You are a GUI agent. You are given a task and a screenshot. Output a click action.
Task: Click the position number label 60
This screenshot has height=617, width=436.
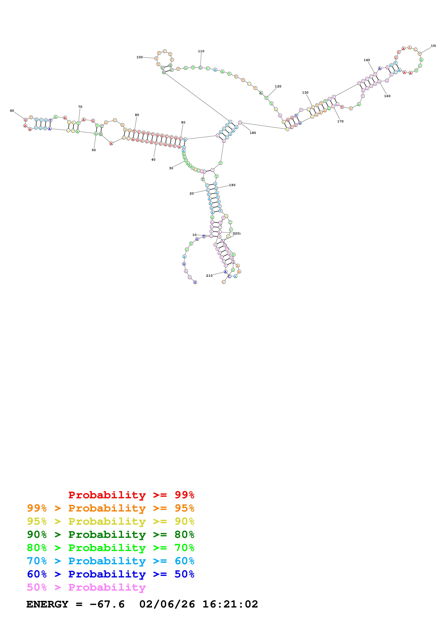coord(12,111)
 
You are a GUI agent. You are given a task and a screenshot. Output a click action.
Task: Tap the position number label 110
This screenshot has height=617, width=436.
coord(201,51)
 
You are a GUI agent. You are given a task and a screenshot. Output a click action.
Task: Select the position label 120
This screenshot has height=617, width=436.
coord(278,86)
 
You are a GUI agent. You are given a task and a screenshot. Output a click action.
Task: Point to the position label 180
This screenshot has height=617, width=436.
coord(253,133)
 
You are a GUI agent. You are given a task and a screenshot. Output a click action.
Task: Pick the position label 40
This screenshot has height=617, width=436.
coord(153,159)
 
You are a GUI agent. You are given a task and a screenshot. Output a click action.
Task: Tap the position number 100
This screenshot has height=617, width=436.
coord(139,57)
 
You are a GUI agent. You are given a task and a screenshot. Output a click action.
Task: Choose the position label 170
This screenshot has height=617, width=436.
coord(340,121)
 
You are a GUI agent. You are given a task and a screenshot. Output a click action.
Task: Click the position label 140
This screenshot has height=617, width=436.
coord(367,60)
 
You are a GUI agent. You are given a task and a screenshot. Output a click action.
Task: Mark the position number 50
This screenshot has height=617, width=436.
coord(94,150)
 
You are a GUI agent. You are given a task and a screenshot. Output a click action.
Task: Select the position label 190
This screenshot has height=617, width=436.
coord(232,185)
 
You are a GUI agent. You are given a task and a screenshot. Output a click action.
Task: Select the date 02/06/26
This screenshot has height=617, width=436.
coord(167,604)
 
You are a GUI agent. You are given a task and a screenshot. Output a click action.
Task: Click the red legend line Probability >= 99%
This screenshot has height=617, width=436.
coord(131,495)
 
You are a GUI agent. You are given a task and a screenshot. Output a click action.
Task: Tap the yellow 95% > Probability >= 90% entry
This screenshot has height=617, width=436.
coord(110,521)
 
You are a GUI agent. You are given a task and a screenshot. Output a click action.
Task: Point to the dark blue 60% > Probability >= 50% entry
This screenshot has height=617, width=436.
coord(110,574)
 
